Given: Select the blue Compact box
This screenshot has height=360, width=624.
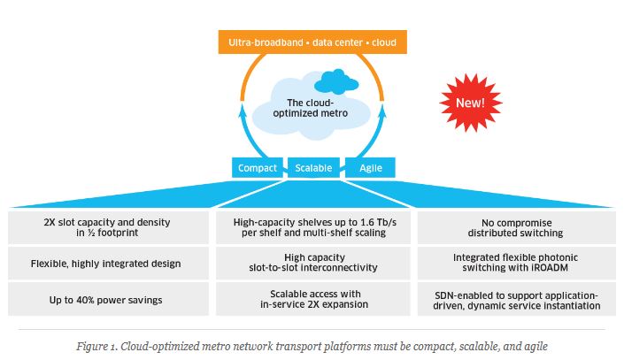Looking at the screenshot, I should coord(258,167).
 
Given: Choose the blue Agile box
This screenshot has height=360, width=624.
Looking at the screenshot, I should coord(370,167).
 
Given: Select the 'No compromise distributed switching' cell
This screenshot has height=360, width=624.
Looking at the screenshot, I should coord(518,227).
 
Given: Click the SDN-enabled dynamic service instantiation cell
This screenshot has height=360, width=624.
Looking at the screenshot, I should coord(518,299).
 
